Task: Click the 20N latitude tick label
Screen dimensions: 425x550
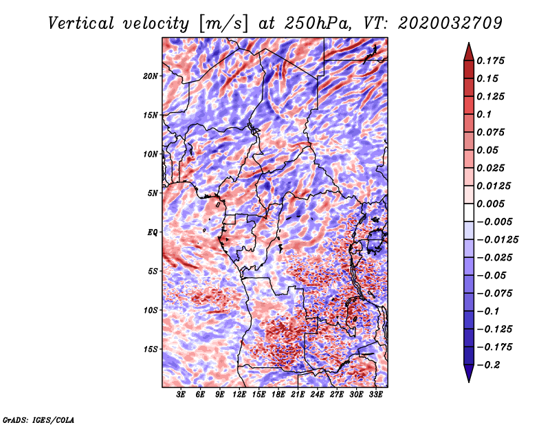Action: pos(151,76)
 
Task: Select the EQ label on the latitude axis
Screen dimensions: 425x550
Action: pos(152,232)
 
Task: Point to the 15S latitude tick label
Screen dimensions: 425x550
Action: pos(151,349)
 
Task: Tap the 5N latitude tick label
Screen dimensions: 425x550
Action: pos(152,193)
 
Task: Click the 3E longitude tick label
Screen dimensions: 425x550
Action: pos(181,395)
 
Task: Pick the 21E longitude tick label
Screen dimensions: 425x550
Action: pos(298,395)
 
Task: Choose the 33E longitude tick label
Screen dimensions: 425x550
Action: pos(375,395)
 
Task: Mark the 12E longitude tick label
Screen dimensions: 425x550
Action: pos(239,395)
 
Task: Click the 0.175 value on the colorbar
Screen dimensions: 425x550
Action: pos(492,61)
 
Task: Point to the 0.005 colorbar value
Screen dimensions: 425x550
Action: pos(492,204)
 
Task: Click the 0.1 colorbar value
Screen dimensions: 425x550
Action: pos(485,114)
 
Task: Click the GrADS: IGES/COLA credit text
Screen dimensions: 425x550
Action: pos(38,419)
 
